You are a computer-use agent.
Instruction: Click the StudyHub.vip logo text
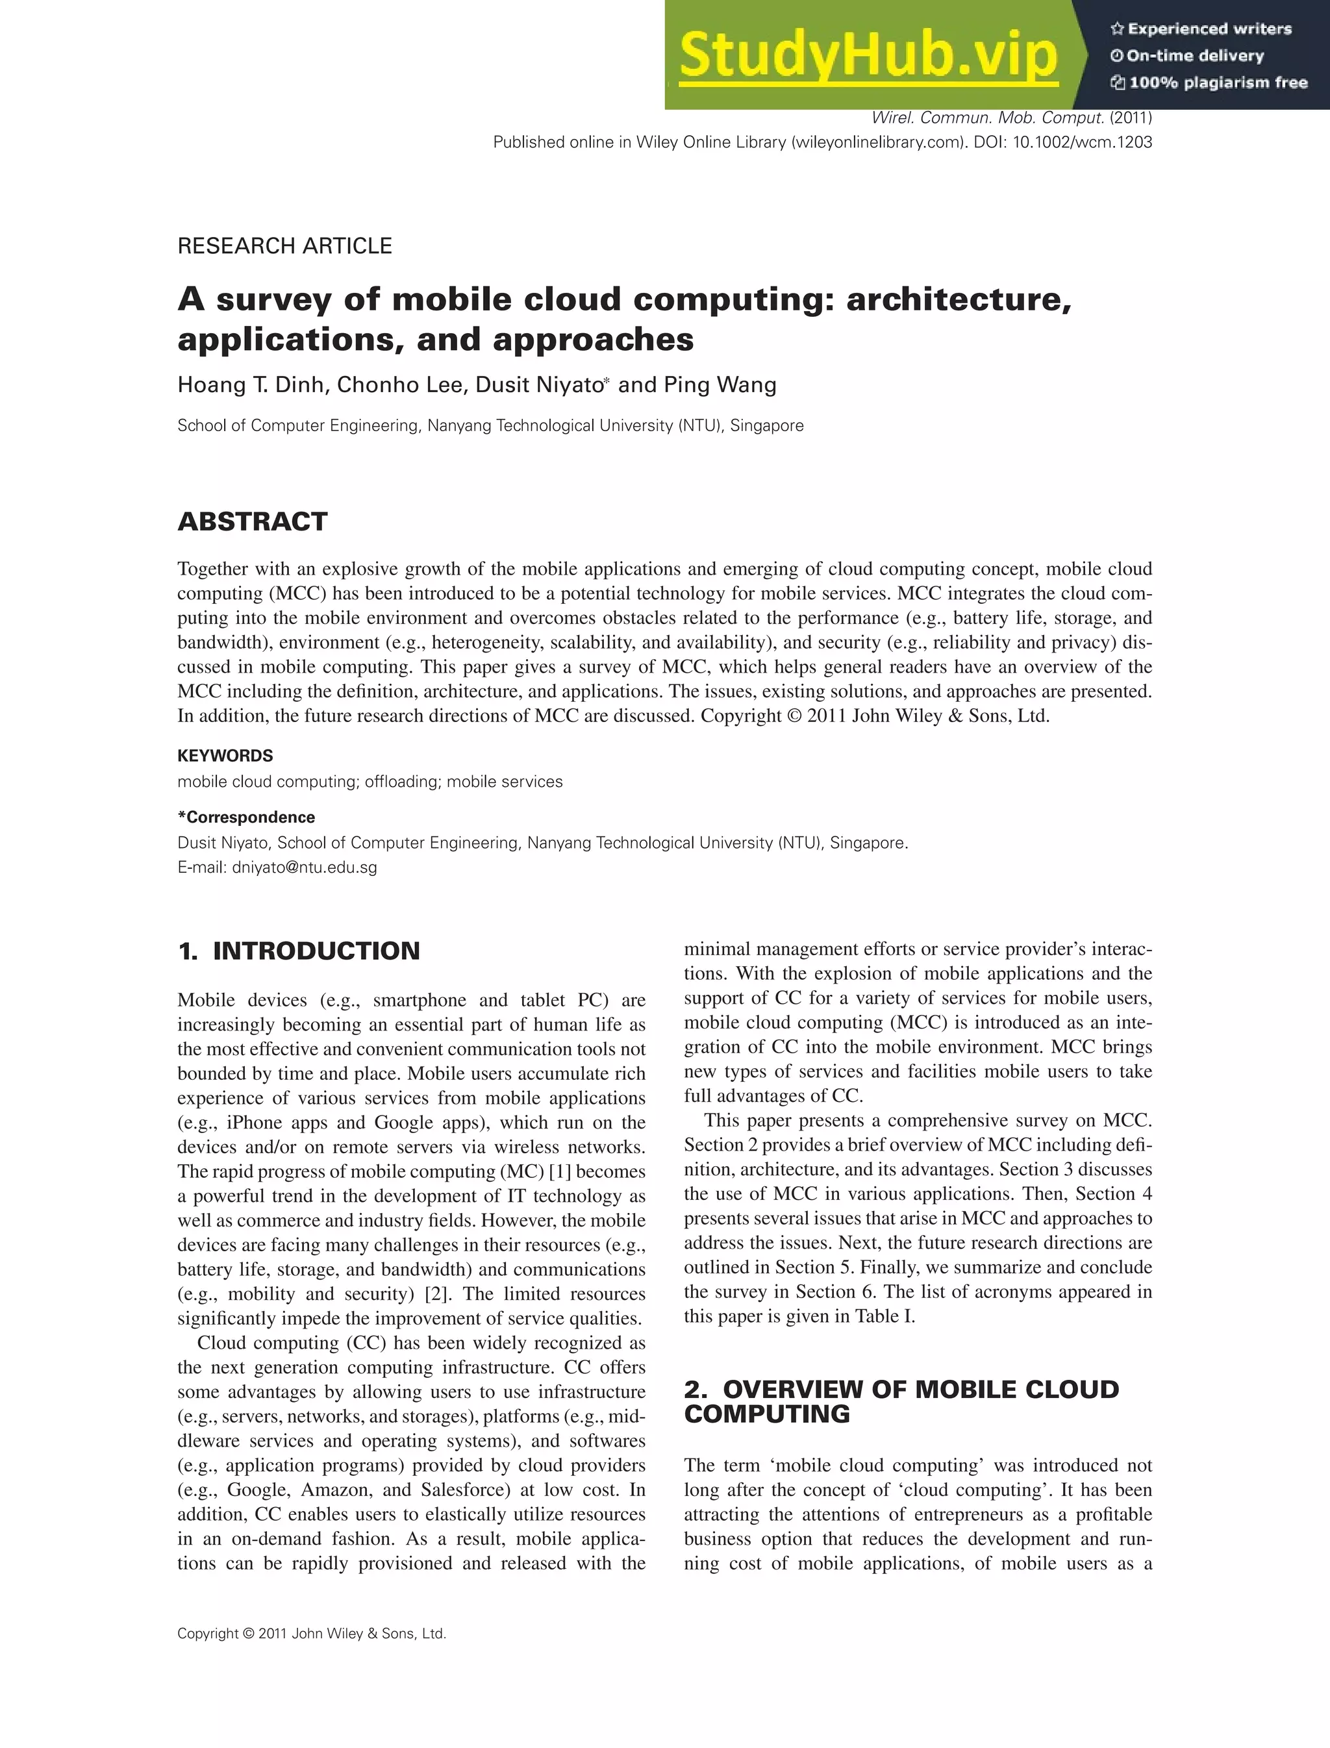click(x=868, y=55)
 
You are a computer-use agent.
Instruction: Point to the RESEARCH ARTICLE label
click(x=284, y=246)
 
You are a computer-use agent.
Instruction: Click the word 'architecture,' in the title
click(x=958, y=299)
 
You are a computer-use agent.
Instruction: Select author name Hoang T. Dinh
click(x=251, y=386)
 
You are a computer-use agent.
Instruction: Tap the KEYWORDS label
click(x=225, y=756)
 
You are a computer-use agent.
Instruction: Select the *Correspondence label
click(x=245, y=817)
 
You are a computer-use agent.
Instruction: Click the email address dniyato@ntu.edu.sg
click(x=304, y=868)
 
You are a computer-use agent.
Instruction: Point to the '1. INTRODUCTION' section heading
click(x=299, y=951)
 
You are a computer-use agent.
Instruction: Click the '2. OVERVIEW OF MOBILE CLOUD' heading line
click(x=901, y=1390)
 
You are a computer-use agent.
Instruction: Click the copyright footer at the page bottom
click(x=311, y=1633)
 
